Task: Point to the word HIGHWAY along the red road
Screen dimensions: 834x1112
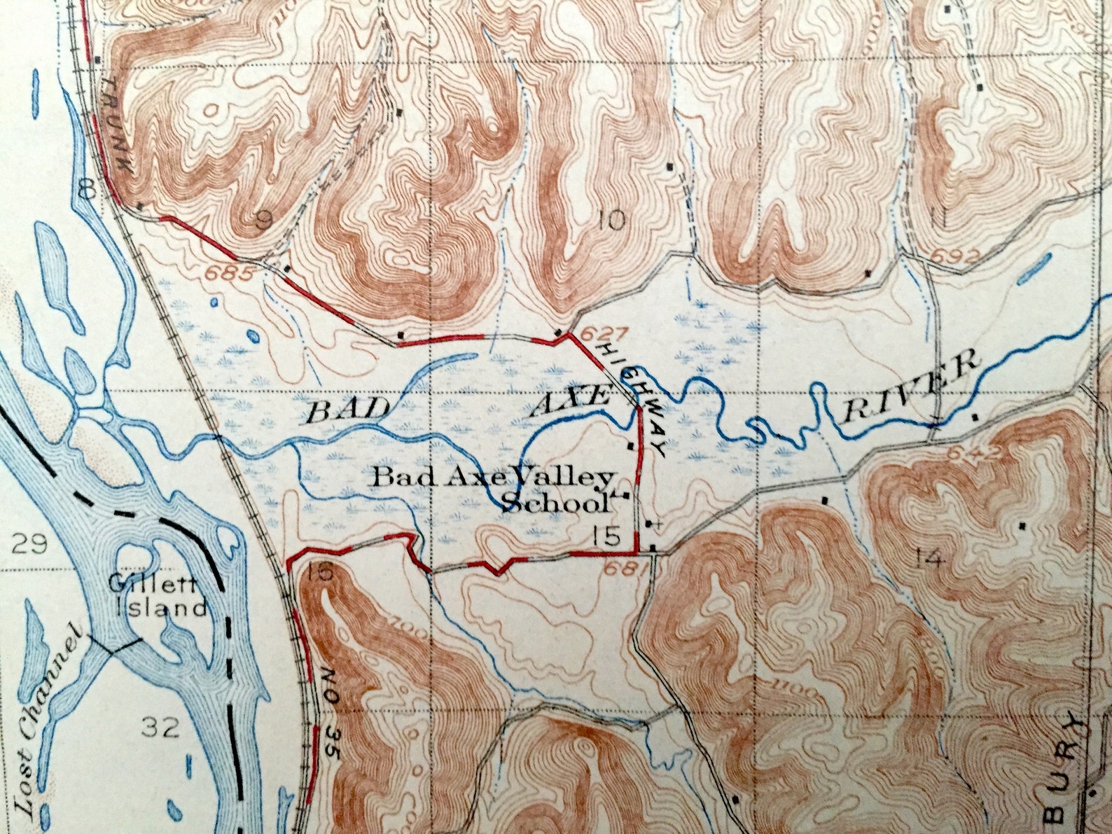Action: (x=632, y=396)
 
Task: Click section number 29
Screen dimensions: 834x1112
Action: (x=31, y=543)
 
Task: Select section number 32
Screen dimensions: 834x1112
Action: (x=162, y=728)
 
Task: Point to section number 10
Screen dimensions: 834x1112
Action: (x=611, y=222)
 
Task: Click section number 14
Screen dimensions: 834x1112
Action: (x=930, y=558)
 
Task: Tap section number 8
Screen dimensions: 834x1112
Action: (x=86, y=188)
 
